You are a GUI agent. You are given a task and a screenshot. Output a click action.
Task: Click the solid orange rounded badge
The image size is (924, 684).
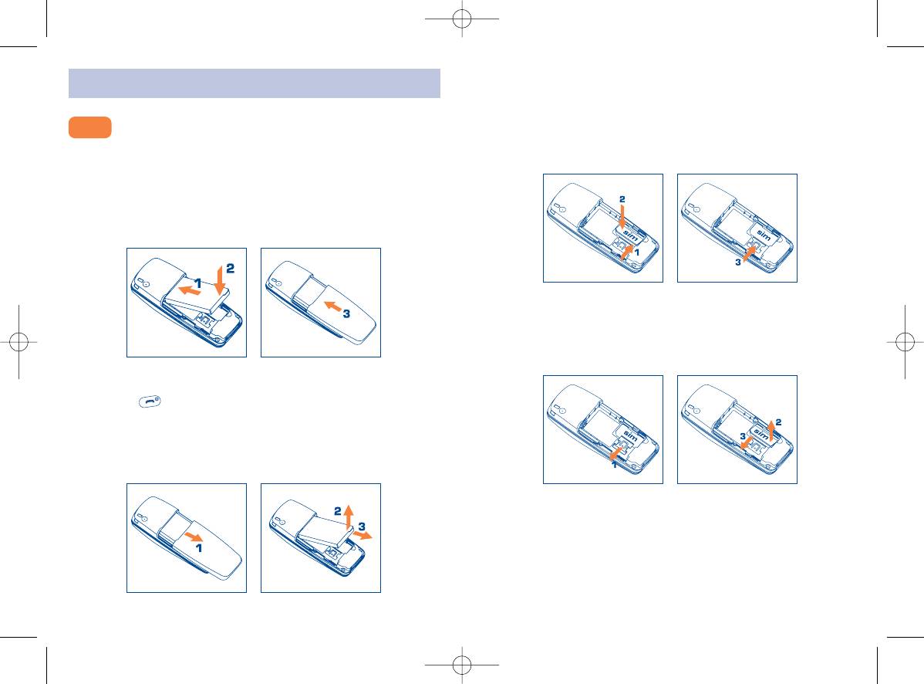click(90, 127)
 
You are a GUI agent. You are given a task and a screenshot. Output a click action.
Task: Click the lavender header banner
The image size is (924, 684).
click(255, 83)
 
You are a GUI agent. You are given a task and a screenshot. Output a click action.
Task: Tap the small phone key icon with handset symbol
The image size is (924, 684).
click(150, 401)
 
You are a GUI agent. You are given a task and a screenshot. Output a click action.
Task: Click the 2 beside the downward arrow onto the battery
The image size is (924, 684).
click(231, 269)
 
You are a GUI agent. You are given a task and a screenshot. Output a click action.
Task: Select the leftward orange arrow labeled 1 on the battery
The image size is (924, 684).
click(190, 290)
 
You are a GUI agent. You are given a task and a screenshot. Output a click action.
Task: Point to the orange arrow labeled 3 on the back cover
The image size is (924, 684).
click(334, 306)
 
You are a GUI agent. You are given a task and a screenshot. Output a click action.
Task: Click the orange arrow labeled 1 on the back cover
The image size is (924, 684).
click(194, 537)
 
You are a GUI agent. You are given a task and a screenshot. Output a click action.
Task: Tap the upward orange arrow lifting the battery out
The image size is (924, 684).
click(349, 516)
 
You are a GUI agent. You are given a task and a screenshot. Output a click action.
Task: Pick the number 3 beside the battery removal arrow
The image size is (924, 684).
click(362, 527)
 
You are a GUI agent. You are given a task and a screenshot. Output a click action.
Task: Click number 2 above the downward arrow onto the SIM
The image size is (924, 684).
click(622, 199)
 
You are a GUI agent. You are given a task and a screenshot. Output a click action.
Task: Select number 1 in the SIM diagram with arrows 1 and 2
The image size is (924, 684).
click(637, 252)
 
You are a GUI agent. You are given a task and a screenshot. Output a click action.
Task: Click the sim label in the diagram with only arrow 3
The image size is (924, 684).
click(764, 235)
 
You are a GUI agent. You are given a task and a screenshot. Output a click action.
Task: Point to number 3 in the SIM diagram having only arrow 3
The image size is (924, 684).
click(738, 262)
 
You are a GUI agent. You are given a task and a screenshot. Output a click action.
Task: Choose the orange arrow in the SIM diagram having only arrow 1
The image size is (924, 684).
click(616, 453)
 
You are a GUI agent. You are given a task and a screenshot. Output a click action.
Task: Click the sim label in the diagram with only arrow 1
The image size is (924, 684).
click(630, 436)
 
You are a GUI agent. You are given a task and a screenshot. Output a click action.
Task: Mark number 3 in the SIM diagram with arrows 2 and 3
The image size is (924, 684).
click(743, 435)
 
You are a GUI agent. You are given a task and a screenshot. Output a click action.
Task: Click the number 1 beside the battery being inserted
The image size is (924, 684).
click(198, 283)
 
